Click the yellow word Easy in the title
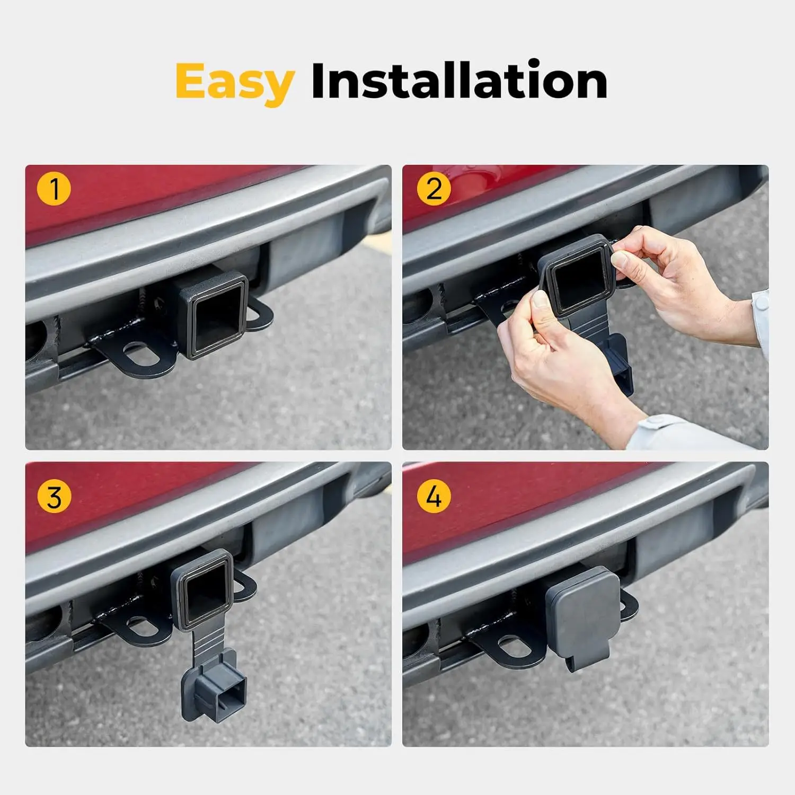click(x=234, y=82)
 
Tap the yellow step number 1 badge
click(x=54, y=189)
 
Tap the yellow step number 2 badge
click(x=434, y=189)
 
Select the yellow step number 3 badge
click(x=54, y=498)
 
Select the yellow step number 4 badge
click(x=434, y=498)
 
